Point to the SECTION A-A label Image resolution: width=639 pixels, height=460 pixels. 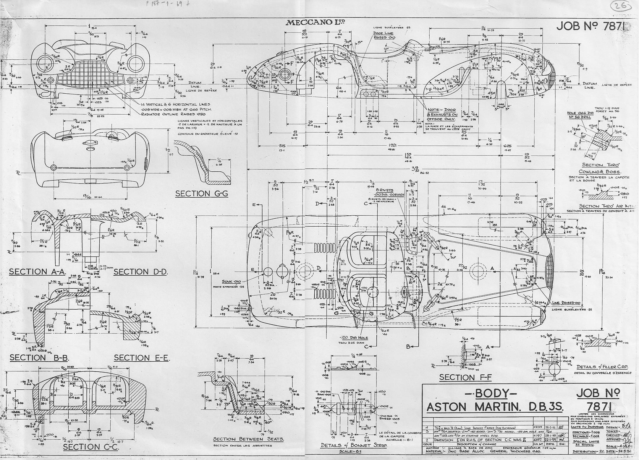point(37,272)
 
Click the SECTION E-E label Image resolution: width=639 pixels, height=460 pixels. point(141,358)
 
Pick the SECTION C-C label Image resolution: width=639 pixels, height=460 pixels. point(91,447)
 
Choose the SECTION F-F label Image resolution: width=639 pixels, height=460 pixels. point(465,377)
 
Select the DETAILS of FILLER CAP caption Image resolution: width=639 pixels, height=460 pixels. point(602,367)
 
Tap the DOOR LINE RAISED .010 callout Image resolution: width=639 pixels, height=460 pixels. point(384,35)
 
